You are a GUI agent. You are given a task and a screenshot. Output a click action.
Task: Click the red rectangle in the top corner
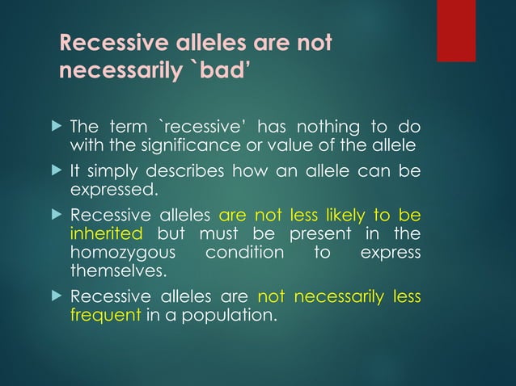click(x=456, y=31)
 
